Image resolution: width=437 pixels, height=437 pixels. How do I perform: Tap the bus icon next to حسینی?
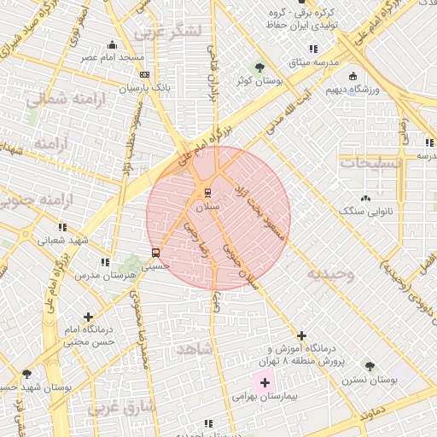154,253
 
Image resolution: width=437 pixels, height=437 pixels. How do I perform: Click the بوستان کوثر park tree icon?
259,67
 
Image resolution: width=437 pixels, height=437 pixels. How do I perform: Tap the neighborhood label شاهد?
194,350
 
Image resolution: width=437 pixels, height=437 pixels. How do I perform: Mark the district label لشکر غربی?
167,32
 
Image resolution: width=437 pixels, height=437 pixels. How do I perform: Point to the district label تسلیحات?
364,161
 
